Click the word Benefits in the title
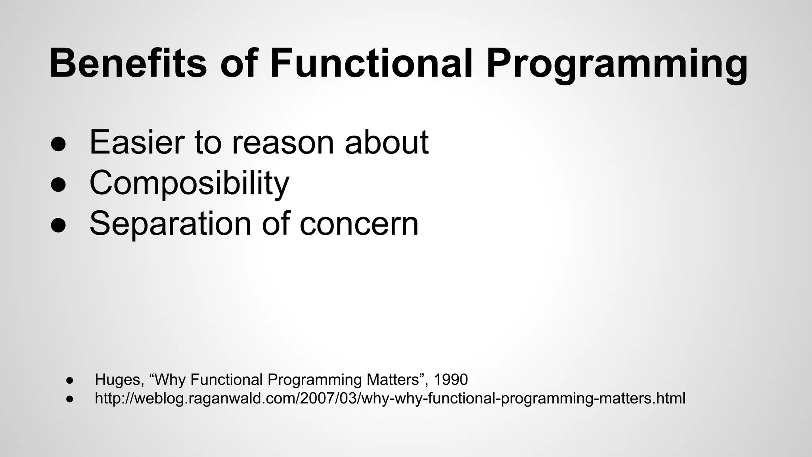(128, 63)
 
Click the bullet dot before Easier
(58, 145)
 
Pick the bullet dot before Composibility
(58, 185)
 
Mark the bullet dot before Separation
(58, 226)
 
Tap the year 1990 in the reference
(450, 380)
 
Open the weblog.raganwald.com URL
(390, 398)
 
